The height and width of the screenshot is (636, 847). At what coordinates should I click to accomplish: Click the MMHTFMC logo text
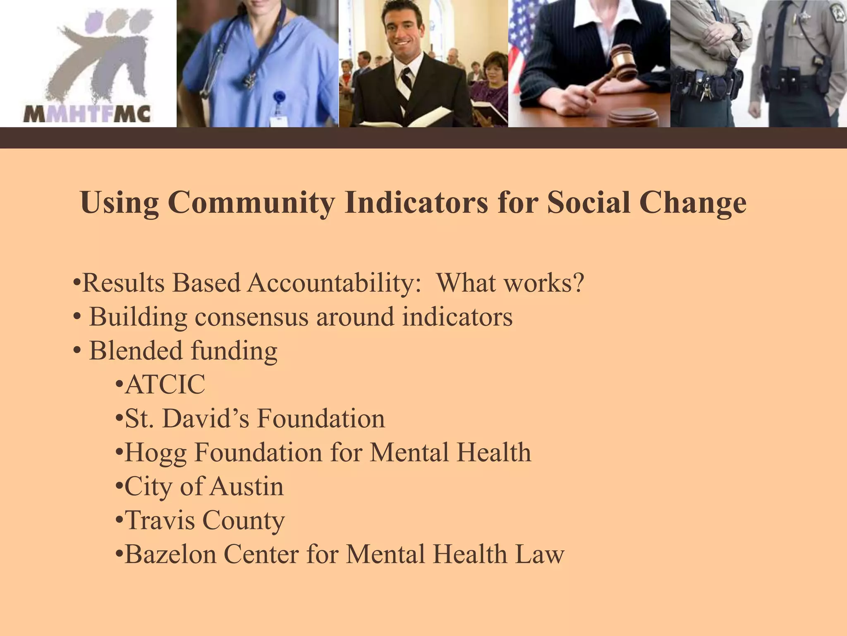pos(87,114)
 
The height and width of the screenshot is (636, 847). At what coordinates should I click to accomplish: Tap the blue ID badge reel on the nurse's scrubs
pos(280,98)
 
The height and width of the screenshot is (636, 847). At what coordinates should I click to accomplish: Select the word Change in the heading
pos(693,202)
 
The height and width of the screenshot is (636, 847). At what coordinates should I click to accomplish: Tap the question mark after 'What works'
pos(578,283)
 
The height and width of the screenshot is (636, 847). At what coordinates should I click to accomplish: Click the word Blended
pos(136,351)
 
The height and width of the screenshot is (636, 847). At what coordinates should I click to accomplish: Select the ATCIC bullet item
pos(165,385)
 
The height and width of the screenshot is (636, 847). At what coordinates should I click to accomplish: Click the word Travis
pos(159,520)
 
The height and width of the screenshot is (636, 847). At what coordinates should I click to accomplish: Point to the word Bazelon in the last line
pos(170,554)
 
